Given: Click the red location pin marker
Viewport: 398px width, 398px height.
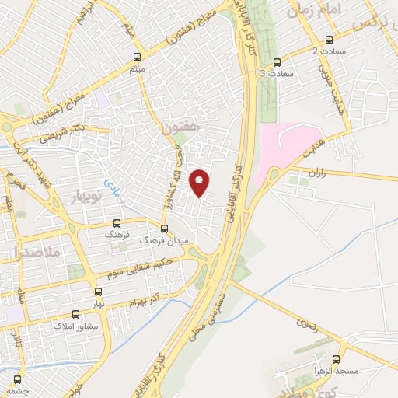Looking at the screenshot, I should (x=201, y=181).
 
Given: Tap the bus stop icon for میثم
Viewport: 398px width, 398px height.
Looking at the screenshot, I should (x=138, y=56).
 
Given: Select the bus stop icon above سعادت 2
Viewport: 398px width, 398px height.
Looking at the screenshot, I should (x=328, y=40).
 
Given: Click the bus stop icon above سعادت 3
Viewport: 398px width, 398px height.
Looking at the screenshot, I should (x=278, y=62).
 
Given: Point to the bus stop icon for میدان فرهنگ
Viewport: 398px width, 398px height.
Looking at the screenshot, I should (x=163, y=229).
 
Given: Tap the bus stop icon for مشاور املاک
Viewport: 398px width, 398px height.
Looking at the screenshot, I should (x=75, y=315).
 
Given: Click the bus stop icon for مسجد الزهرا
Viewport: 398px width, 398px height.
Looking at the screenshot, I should (x=337, y=359).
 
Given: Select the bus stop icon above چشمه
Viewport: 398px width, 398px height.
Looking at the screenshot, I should (x=17, y=380).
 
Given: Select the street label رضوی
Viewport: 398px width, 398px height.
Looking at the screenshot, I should (x=307, y=321).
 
